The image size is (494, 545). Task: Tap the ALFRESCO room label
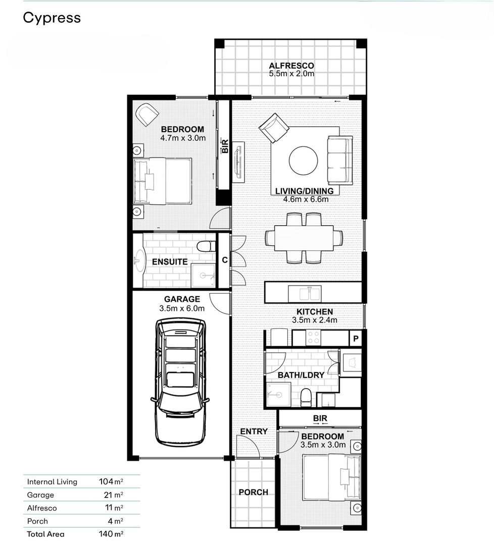291,66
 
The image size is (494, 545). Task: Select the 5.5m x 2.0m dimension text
291,74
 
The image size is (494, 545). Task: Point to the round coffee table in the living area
304,160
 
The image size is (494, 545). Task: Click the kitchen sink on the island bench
305,294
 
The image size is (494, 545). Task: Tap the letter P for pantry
356,339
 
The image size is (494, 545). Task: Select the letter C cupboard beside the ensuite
225,260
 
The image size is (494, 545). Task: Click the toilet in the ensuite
206,246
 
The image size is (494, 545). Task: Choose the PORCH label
253,492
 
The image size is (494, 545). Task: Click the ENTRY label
254,431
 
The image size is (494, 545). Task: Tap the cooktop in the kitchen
313,338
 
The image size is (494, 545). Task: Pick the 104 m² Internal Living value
111,481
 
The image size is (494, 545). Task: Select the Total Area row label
45,534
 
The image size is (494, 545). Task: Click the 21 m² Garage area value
114,495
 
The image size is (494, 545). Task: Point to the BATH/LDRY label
301,375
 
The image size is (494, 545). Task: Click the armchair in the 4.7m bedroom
147,115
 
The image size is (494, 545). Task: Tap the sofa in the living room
340,160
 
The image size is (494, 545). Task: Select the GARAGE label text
182,299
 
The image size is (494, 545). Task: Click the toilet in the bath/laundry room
306,397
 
